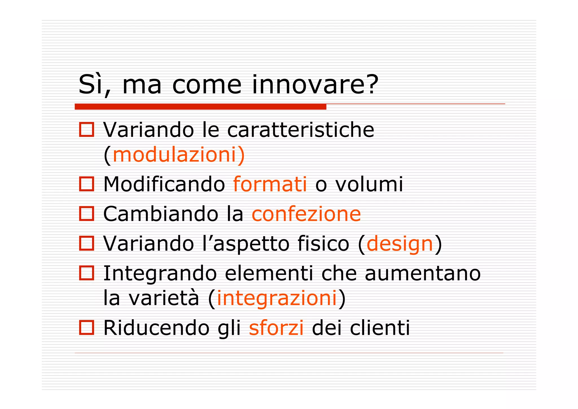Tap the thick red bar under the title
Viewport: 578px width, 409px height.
point(200,107)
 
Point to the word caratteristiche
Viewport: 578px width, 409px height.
point(301,130)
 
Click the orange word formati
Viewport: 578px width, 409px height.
point(270,184)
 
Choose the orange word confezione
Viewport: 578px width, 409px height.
point(306,214)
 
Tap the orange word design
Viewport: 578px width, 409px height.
point(400,244)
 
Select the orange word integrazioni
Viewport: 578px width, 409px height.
point(277,298)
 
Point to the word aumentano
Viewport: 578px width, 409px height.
point(422,273)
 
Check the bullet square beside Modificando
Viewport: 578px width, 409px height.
point(86,184)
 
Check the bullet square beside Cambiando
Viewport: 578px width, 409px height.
point(86,214)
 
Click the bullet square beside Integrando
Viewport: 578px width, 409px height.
point(86,273)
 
